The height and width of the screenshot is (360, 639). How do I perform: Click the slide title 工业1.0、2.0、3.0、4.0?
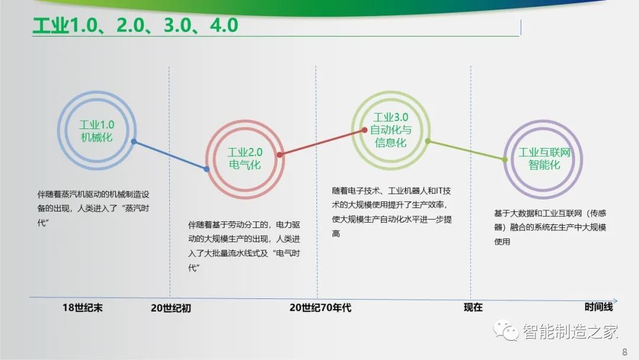coord(135,25)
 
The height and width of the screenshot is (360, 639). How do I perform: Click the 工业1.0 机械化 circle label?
coord(96,131)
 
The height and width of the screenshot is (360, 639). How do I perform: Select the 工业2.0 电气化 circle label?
coord(245,159)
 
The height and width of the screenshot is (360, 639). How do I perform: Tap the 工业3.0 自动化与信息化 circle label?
coord(391,130)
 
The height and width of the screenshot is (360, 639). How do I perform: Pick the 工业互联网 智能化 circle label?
coord(544,159)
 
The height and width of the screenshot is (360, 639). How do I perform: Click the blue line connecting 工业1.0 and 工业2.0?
coord(170,155)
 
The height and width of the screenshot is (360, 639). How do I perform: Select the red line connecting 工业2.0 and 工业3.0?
coord(322,142)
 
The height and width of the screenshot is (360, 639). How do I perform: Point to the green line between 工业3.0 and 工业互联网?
coord(466,150)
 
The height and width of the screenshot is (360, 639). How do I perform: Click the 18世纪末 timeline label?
coord(82,307)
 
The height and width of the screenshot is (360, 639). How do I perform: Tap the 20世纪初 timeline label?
coord(171,308)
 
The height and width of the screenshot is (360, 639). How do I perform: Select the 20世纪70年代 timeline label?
coord(320,307)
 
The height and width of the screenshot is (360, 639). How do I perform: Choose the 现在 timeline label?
coord(473,307)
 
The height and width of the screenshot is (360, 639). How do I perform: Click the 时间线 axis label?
coord(599,307)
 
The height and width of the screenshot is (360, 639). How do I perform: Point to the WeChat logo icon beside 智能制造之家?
coord(506,330)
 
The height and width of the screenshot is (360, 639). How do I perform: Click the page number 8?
coord(625,352)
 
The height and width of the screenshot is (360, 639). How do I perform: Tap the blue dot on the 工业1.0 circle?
coord(134,142)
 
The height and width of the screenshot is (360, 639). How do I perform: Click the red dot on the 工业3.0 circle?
coord(364,130)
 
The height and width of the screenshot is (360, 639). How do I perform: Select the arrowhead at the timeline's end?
coord(615,301)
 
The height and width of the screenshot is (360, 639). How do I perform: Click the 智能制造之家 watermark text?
coord(570,331)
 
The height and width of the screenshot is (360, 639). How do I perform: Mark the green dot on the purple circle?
coord(505,160)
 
